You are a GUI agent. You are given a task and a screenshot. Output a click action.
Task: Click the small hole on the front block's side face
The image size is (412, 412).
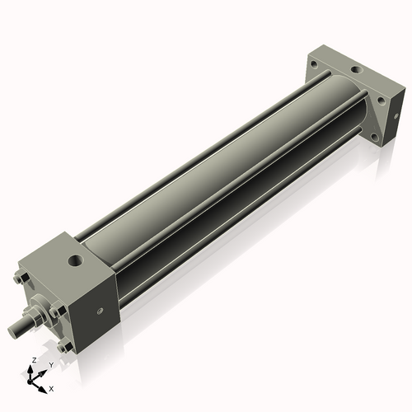(x=101, y=311)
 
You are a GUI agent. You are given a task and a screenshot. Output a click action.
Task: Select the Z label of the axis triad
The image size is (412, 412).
(x=32, y=361)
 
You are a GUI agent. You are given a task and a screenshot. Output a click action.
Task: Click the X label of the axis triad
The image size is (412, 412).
(x=52, y=387)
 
